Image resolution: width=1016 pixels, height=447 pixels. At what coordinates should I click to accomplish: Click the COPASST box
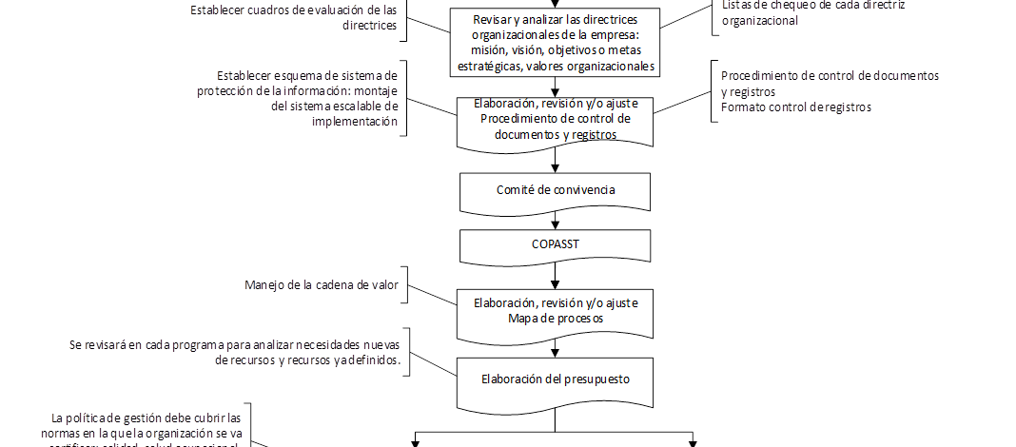555,243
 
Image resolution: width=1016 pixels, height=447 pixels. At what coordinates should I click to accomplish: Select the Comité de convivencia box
555,190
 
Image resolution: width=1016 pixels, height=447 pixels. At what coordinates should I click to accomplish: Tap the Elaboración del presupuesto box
555,379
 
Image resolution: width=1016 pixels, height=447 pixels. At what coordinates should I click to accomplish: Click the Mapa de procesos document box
555,311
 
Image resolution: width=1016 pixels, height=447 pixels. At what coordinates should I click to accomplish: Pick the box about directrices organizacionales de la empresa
555,44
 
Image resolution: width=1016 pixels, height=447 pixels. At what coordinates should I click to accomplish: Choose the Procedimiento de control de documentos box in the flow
555,120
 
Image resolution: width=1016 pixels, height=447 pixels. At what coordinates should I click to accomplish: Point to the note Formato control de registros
795,107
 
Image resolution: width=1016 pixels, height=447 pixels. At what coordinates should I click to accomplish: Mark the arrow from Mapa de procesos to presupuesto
555,348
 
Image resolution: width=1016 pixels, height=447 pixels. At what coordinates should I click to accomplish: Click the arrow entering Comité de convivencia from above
555,162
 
